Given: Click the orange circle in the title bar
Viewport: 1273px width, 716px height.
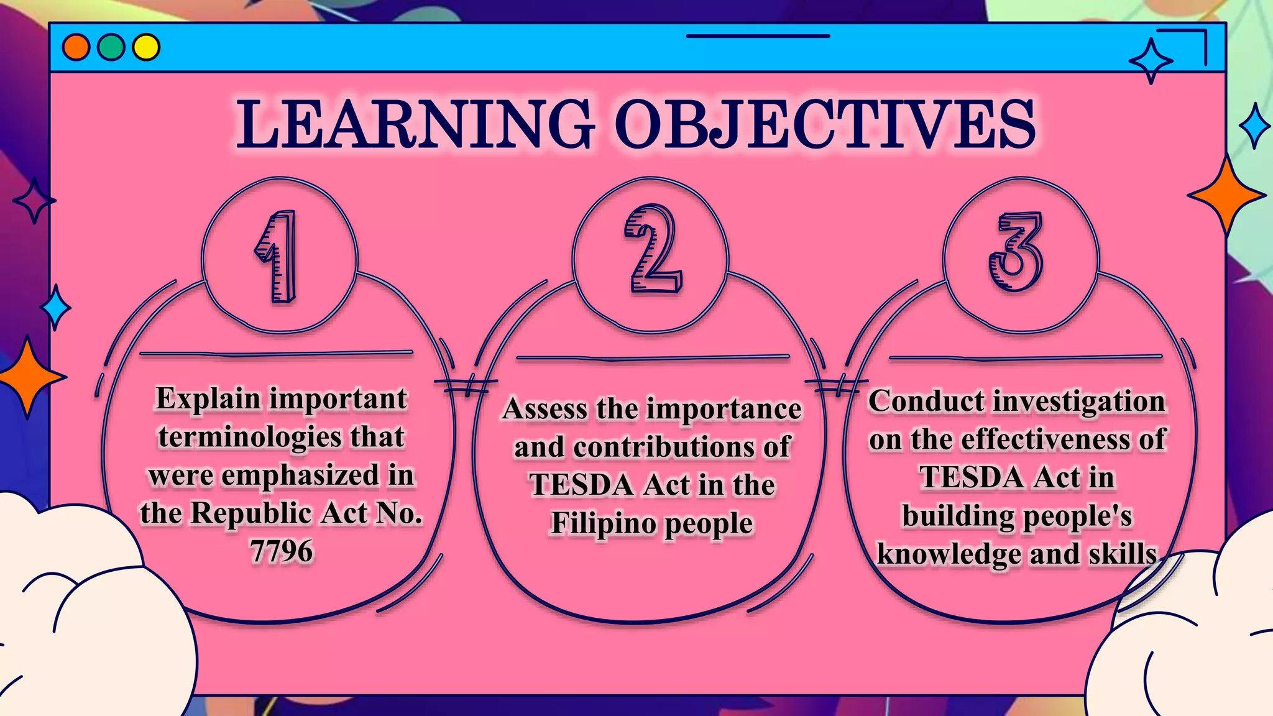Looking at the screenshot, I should pyautogui.click(x=76, y=47).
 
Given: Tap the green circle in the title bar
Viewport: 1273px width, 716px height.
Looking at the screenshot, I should pyautogui.click(x=111, y=47).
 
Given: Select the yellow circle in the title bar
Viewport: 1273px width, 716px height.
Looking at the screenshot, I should pyautogui.click(x=147, y=47).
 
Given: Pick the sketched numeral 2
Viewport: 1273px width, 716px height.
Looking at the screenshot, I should pyautogui.click(x=652, y=250).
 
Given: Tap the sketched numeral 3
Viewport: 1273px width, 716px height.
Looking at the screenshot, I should pyautogui.click(x=1016, y=251).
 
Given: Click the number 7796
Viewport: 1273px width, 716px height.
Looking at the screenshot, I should pyautogui.click(x=281, y=551).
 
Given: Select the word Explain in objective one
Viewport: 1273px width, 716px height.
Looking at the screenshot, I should pyautogui.click(x=208, y=399).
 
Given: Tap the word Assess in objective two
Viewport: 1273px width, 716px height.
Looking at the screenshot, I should pyautogui.click(x=545, y=410).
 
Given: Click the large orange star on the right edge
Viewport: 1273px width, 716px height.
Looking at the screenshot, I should pyautogui.click(x=1226, y=195).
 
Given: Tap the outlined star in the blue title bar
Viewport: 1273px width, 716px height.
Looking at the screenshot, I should pyautogui.click(x=1151, y=61).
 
